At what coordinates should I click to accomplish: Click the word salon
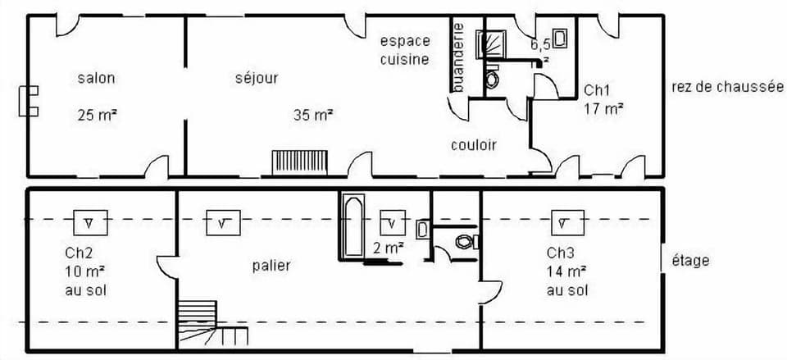coord(96,79)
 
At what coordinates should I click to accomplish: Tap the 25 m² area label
coord(97,115)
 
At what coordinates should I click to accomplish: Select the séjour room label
coord(257,79)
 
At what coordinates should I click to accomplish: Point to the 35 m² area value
coord(313,115)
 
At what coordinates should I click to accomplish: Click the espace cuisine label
coord(404,49)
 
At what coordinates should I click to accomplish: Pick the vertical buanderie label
coord(459,56)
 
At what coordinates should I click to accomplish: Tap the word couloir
coord(474,145)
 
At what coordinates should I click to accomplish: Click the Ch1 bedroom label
coord(597,89)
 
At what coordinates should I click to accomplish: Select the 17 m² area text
coord(603,107)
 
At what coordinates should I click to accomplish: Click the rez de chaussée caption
coord(728,87)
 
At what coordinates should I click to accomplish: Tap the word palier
coord(271,265)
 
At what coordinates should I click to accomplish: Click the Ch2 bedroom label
coord(80,252)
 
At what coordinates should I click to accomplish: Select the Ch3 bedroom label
coord(562,252)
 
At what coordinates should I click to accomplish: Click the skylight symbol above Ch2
coord(90,221)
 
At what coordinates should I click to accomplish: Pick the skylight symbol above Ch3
coord(567,222)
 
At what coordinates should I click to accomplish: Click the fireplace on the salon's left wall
coord(30,100)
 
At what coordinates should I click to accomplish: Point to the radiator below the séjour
coord(300,162)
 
